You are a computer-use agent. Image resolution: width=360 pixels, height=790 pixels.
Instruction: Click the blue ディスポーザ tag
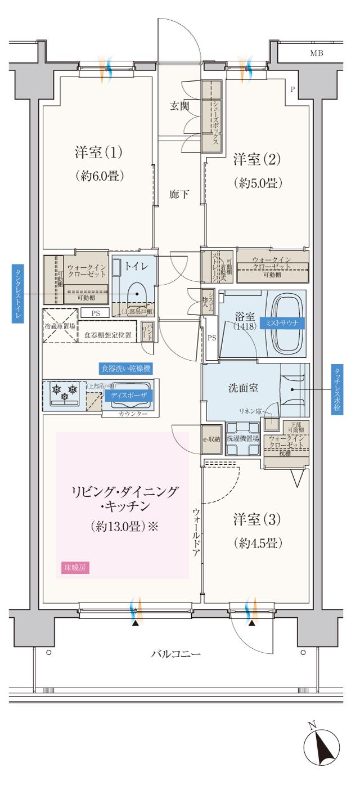pos(125,396)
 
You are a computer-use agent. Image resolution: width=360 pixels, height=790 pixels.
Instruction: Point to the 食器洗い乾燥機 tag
pos(127,369)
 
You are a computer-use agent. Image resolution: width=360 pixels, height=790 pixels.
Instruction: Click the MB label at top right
pos(317,53)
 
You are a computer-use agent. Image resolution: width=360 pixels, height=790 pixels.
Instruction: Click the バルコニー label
pos(175,654)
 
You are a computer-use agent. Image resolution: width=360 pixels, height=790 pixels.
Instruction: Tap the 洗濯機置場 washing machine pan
pos(242,438)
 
